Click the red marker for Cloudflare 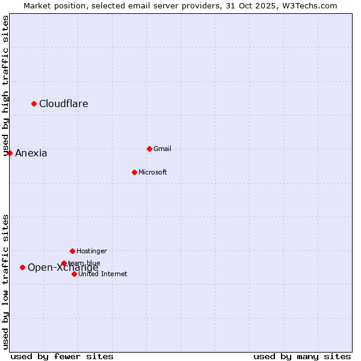34,103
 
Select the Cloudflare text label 64,103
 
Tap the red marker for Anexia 10,153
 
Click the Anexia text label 31,153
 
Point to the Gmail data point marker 149,149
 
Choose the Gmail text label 162,149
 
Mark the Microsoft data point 134,172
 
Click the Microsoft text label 153,172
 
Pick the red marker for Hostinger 72,251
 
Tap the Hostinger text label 91,251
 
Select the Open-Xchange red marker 22,267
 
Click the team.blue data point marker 64,263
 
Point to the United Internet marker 74,274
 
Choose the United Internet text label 103,274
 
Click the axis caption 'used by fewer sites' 62,356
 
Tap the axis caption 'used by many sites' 302,356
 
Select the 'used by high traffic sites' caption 5,86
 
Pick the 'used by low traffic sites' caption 5,282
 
